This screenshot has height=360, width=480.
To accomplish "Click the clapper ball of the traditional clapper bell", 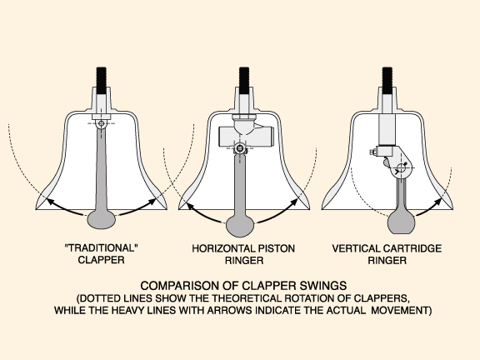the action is pyautogui.click(x=102, y=219).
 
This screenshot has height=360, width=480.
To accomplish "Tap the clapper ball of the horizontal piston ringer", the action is pyautogui.click(x=240, y=226).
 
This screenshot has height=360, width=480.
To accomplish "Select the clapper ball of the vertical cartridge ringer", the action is pyautogui.click(x=402, y=224).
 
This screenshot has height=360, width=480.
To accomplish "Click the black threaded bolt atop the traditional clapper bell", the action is pyautogui.click(x=102, y=81).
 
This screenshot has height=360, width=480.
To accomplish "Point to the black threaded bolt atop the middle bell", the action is pyautogui.click(x=244, y=81).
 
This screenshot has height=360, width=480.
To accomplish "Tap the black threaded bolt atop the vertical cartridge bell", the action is pyautogui.click(x=387, y=81).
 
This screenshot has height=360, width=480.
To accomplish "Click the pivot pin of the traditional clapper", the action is pyautogui.click(x=102, y=123).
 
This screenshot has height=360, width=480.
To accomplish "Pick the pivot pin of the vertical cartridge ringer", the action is pyautogui.click(x=401, y=168).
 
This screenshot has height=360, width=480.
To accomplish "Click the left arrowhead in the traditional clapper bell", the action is pyautogui.click(x=50, y=202).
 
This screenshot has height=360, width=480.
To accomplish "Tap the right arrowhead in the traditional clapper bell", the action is pyautogui.click(x=152, y=202).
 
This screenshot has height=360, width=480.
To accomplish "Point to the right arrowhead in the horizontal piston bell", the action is pyautogui.click(x=294, y=202).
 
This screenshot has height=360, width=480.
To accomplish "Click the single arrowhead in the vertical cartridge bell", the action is pyautogui.click(x=437, y=202).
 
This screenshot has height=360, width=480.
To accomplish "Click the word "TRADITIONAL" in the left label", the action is pyautogui.click(x=102, y=247).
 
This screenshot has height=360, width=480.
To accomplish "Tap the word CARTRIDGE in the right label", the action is pyautogui.click(x=412, y=248).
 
